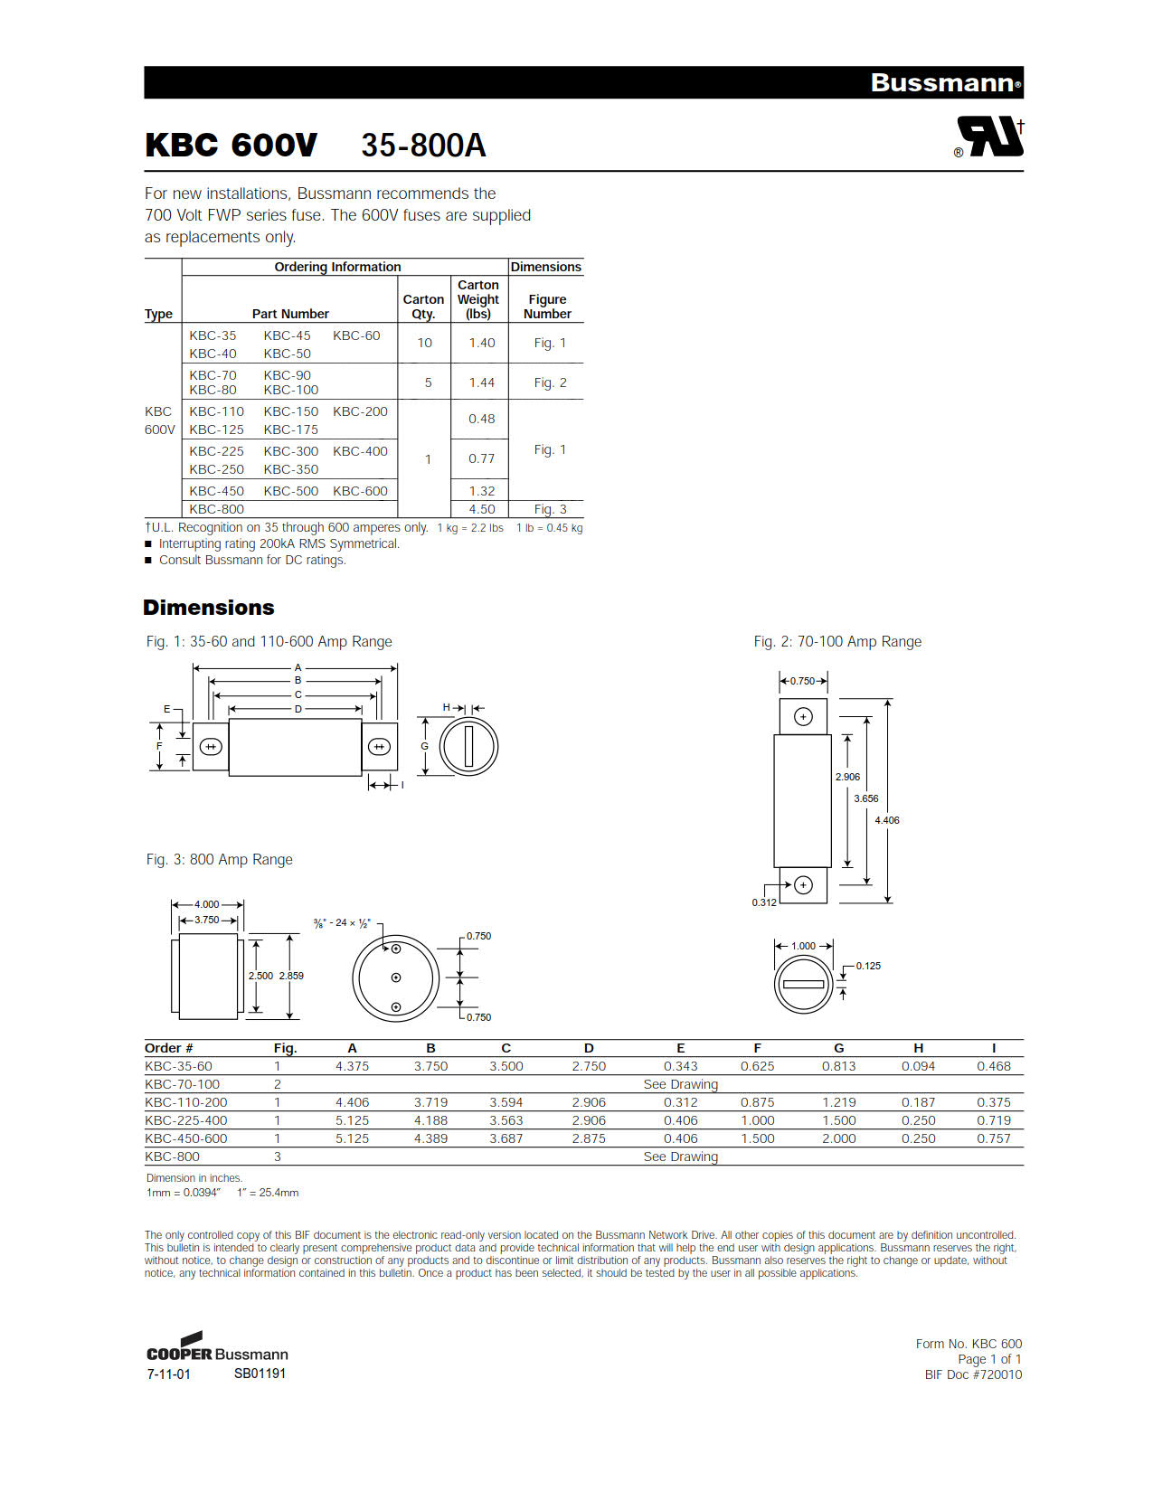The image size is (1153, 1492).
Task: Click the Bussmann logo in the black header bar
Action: tap(945, 83)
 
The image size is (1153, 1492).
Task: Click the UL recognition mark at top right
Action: tap(990, 138)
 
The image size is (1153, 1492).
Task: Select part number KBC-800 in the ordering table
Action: tap(217, 509)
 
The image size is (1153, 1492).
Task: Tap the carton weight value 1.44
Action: tap(481, 382)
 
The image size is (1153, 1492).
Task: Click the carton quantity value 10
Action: tap(424, 343)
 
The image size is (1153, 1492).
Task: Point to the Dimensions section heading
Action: tap(208, 608)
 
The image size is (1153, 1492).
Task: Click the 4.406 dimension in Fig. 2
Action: tap(886, 820)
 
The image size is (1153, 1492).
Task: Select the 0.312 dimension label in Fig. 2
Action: tap(764, 902)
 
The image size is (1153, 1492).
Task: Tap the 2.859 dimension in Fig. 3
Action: tap(291, 976)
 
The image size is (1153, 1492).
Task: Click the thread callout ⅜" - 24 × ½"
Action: tap(342, 923)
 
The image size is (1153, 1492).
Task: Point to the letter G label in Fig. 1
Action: tap(424, 746)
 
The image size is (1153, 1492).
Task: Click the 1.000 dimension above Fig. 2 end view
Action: tap(803, 946)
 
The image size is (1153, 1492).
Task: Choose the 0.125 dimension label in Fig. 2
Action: tap(868, 966)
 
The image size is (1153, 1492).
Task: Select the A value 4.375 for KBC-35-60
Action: tap(352, 1066)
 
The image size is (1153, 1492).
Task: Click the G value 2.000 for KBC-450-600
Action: tap(838, 1138)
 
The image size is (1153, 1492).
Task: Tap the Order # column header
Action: tap(169, 1048)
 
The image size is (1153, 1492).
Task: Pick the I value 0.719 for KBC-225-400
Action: tap(993, 1120)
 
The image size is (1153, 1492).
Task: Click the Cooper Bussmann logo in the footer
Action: tap(217, 1348)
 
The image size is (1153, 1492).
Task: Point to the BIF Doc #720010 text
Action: tap(973, 1374)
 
